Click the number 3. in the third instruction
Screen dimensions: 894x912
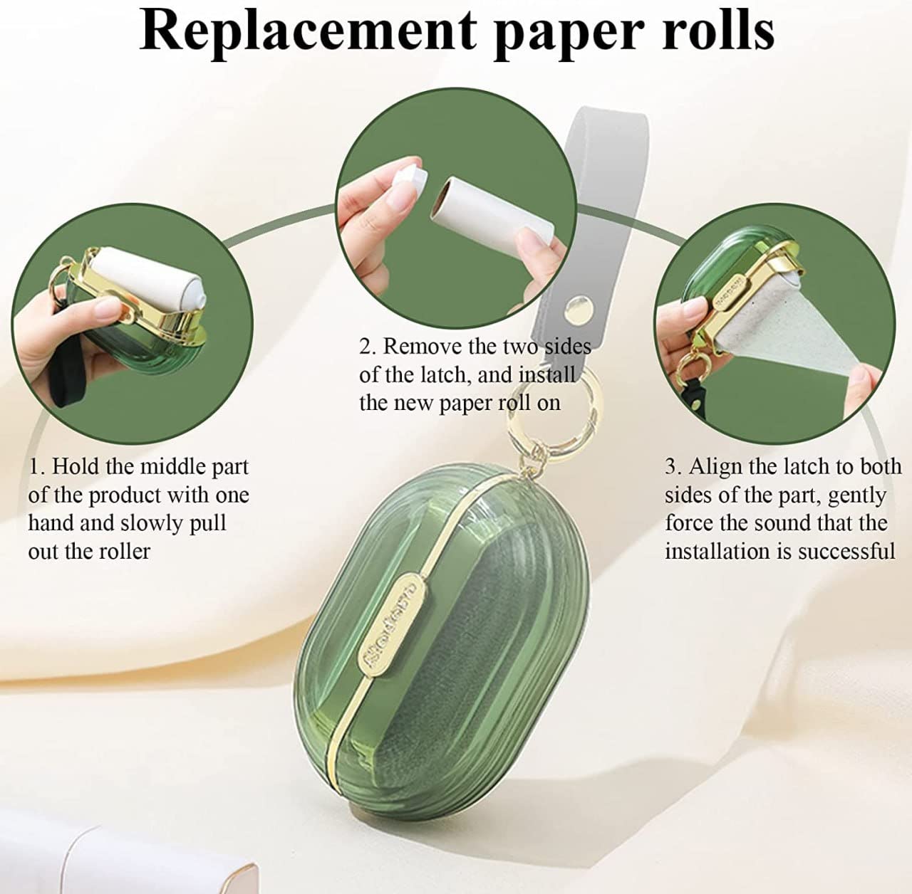click(673, 468)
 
